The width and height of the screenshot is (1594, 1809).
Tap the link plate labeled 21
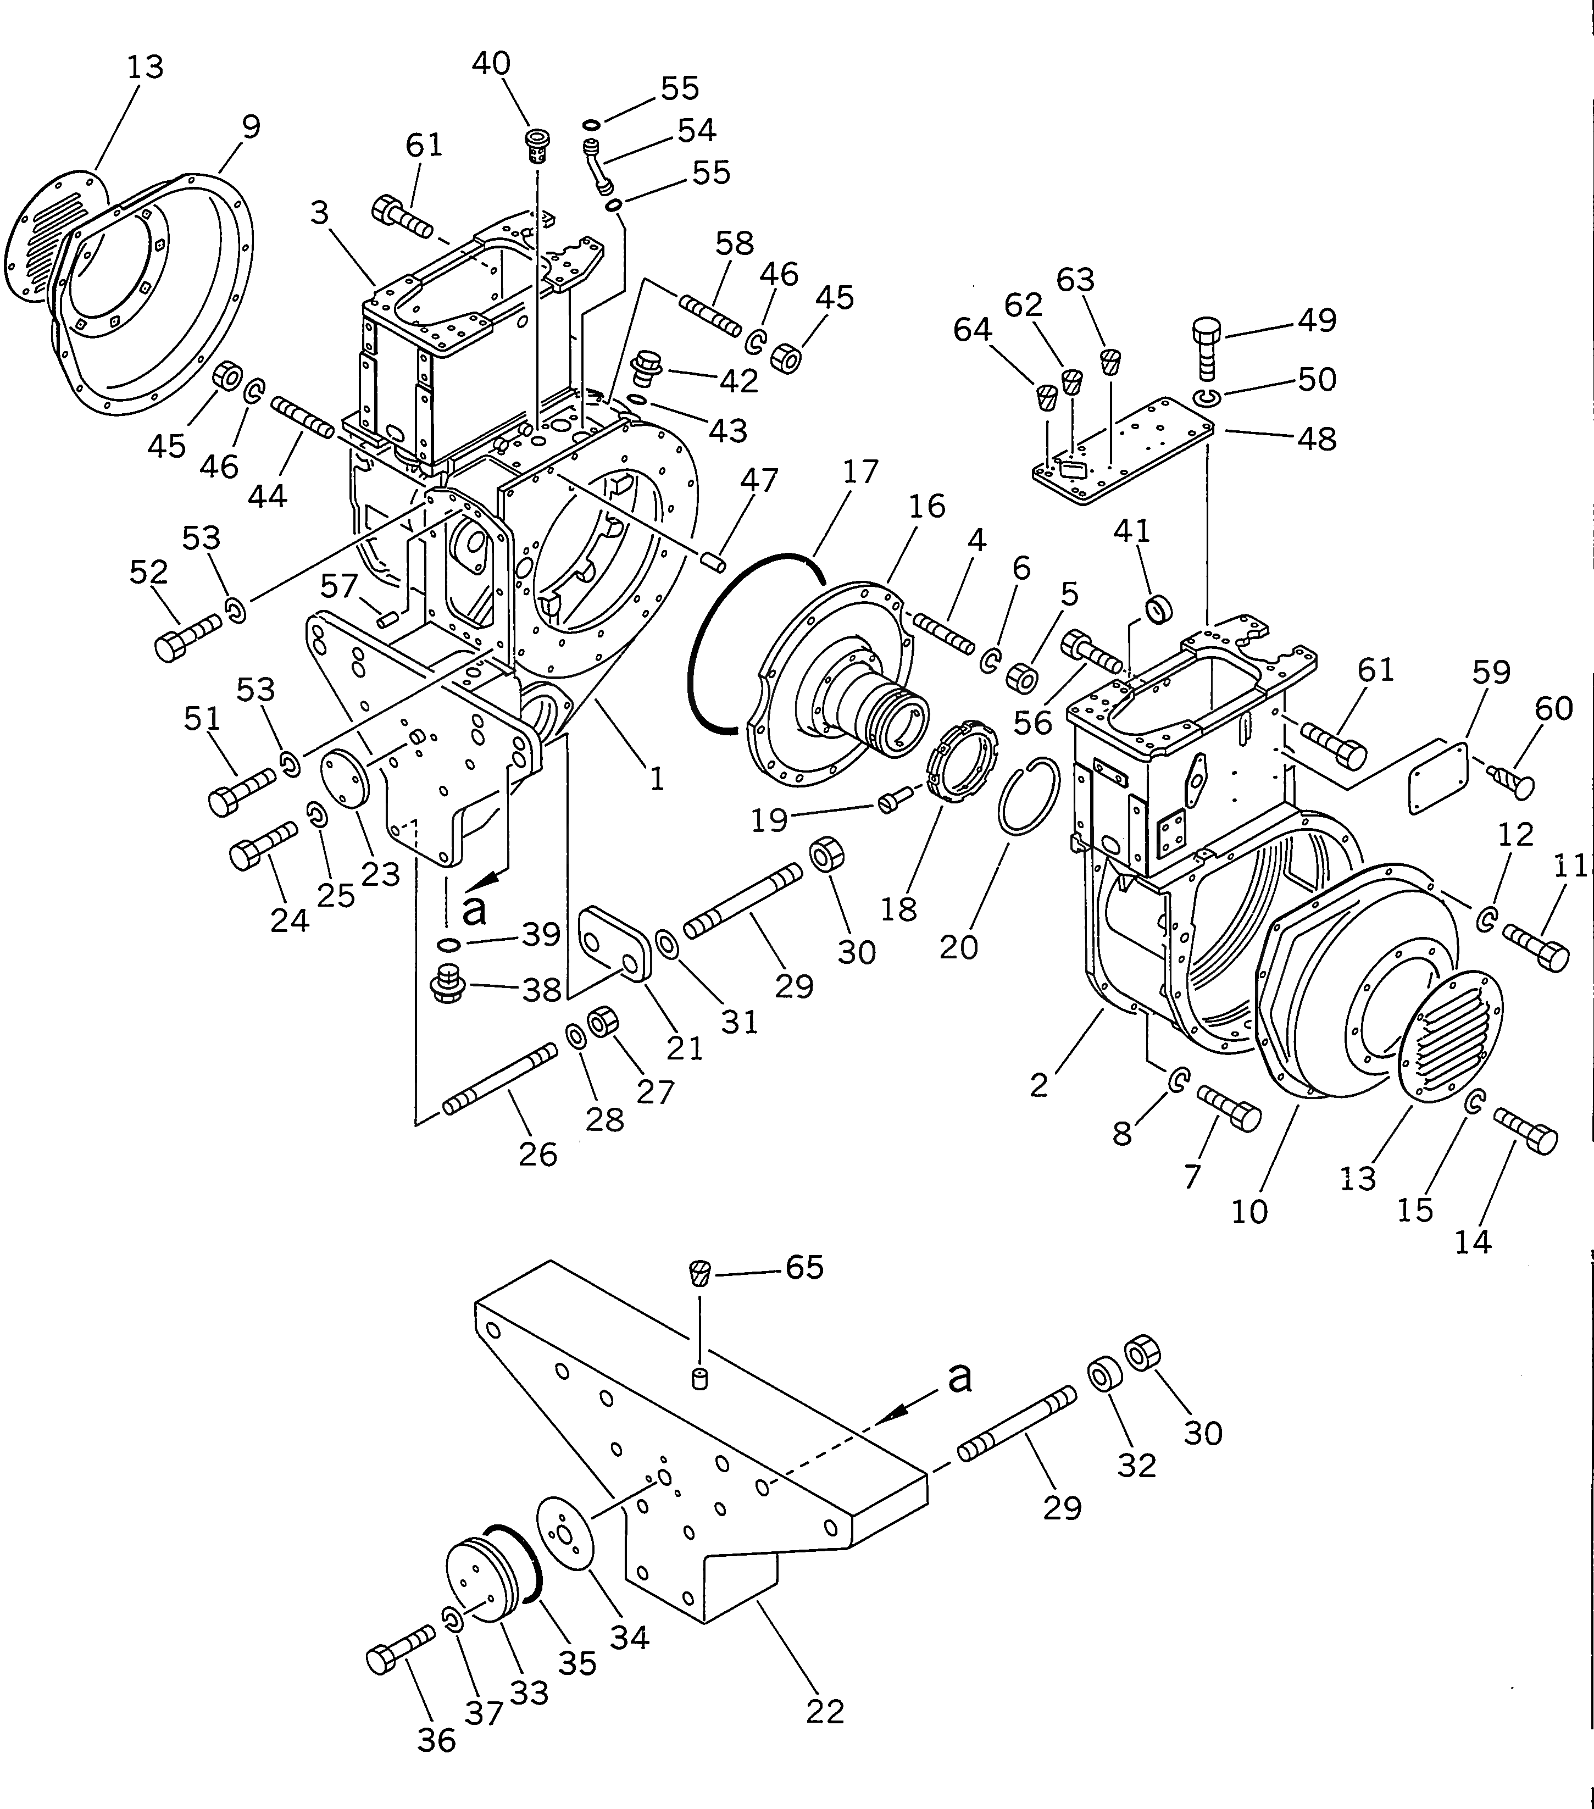point(614,944)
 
